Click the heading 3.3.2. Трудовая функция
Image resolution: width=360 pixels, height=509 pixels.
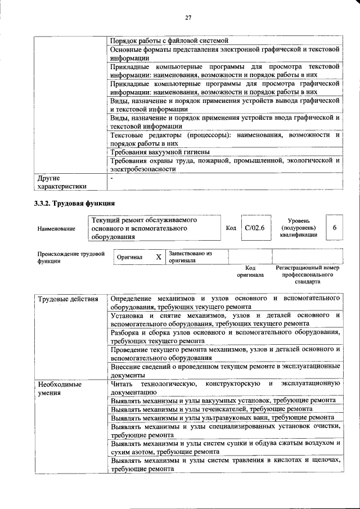point(74,203)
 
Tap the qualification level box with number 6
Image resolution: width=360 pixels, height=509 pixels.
point(335,228)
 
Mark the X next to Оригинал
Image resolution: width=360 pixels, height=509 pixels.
point(159,257)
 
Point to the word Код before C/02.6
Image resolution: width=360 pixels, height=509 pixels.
point(231,228)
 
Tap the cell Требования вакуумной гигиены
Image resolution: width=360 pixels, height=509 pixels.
point(160,152)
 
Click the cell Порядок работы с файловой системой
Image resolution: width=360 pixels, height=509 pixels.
point(169,40)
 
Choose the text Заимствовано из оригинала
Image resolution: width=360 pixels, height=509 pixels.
point(190,257)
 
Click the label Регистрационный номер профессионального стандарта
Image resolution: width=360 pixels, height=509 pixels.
point(307,274)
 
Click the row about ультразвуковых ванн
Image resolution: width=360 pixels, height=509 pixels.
point(223,418)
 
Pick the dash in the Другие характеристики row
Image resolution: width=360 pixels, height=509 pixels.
point(112,178)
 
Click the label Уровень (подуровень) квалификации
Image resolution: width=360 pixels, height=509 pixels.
point(298,228)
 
